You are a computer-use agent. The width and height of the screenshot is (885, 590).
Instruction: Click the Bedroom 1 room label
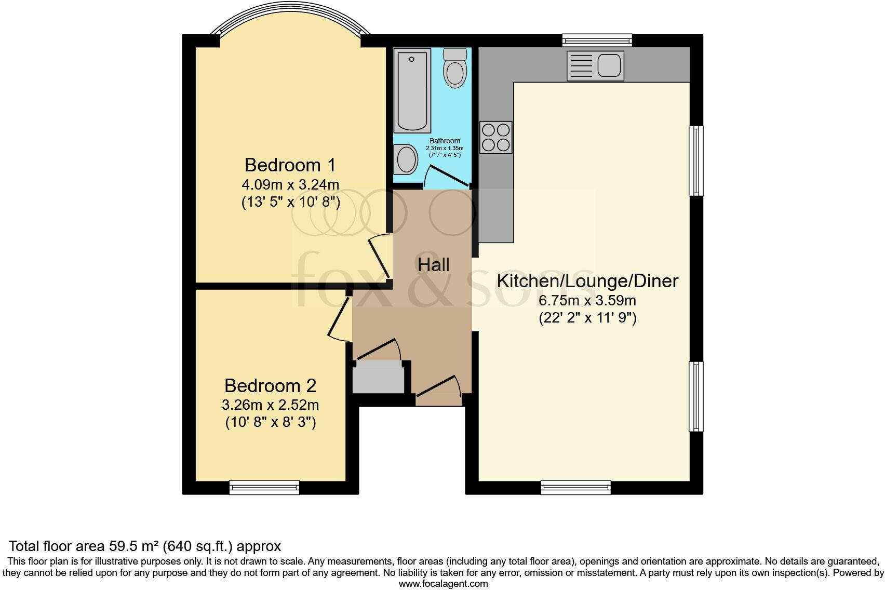290,165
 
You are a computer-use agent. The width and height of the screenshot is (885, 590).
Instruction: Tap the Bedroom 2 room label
270,386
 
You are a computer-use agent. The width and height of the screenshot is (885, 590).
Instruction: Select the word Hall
433,265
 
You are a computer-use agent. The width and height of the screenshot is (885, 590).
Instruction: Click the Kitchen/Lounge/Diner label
587,281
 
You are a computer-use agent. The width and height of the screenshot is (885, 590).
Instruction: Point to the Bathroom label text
445,141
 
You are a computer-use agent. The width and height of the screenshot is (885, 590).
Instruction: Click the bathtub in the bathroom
413,91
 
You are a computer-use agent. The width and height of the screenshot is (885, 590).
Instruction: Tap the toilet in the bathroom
455,68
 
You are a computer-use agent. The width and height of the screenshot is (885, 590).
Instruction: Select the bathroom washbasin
406,159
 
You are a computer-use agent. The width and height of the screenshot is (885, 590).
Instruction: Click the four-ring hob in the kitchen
495,138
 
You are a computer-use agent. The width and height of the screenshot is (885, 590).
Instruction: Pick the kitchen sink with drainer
595,66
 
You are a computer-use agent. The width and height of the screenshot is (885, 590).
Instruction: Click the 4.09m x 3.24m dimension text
290,184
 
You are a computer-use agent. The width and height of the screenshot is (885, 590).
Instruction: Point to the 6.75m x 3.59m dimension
587,301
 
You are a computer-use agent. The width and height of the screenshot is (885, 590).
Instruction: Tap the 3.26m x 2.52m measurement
270,405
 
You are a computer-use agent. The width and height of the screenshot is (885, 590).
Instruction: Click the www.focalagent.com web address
443,583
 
